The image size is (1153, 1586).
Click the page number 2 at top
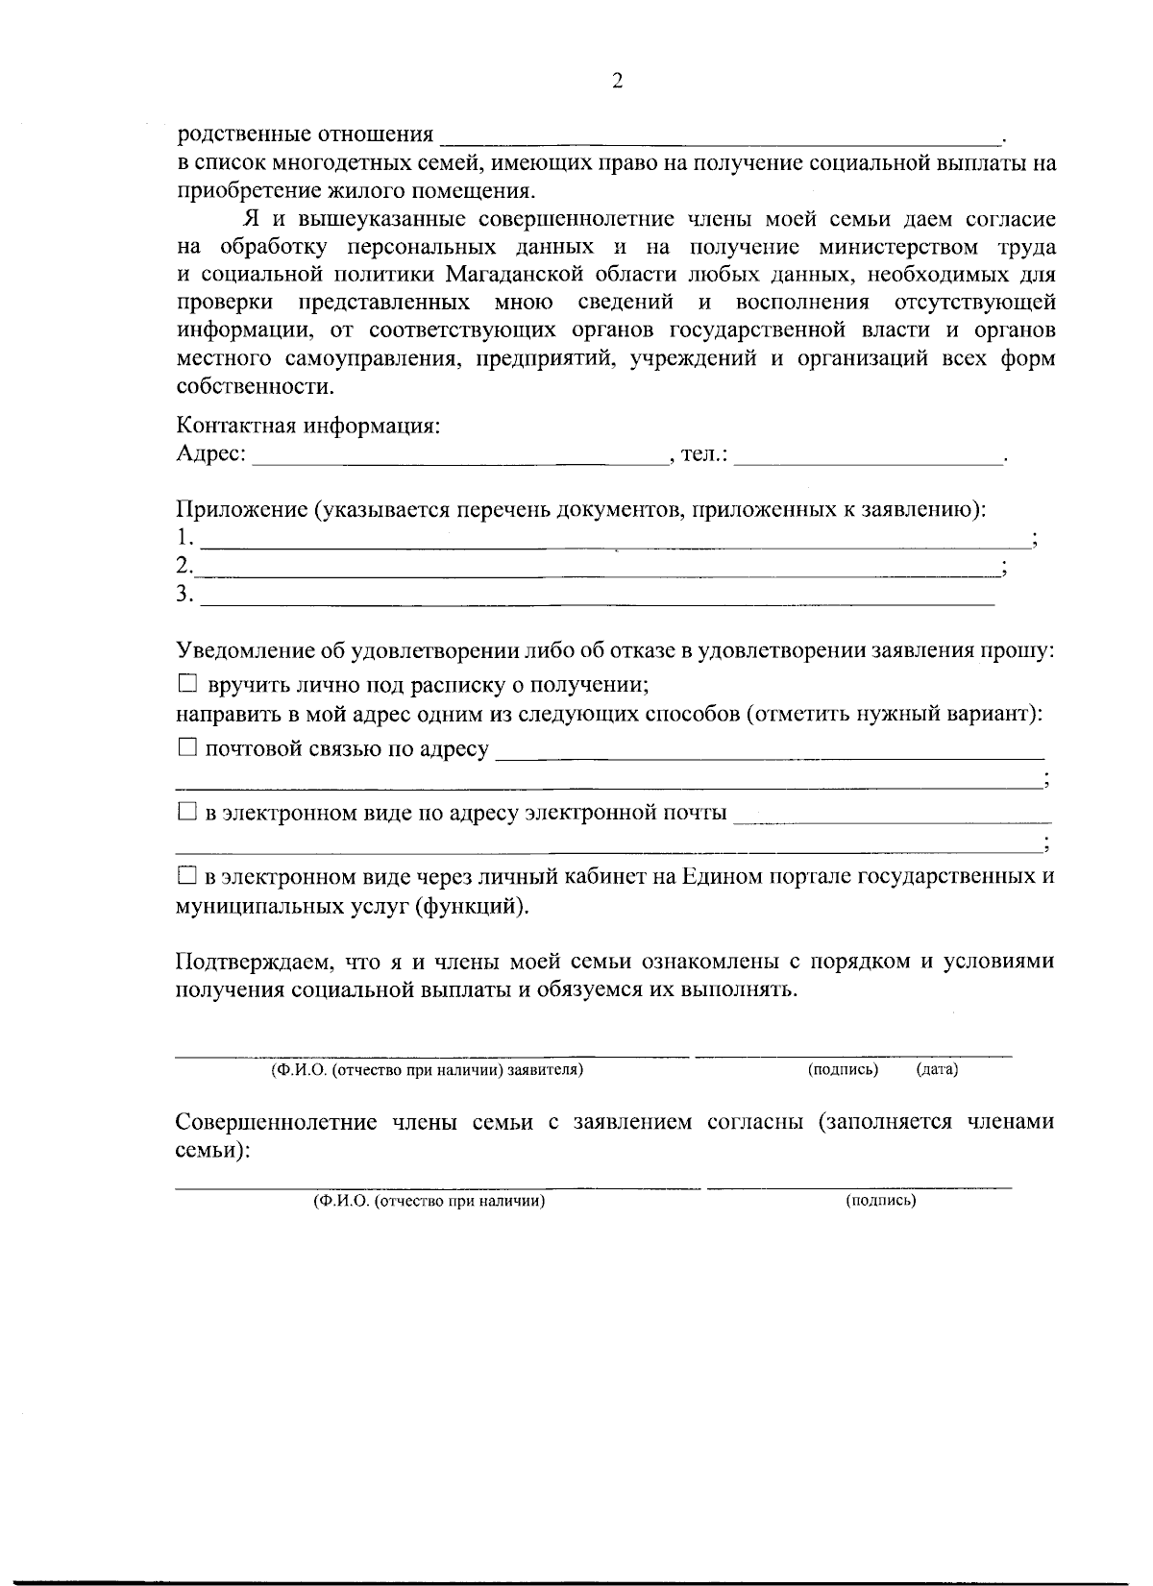point(618,81)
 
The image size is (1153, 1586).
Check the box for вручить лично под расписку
point(187,685)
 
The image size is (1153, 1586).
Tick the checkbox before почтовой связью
point(187,747)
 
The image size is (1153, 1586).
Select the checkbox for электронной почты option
point(187,813)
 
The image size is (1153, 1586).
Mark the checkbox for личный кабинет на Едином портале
point(187,876)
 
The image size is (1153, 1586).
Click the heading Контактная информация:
point(308,426)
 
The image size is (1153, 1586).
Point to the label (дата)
point(937,1069)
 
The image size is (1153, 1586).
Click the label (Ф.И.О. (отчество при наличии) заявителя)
point(428,1069)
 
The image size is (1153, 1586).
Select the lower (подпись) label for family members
point(880,1201)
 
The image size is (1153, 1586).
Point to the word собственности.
point(257,387)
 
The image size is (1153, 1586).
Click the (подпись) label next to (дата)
point(843,1069)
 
